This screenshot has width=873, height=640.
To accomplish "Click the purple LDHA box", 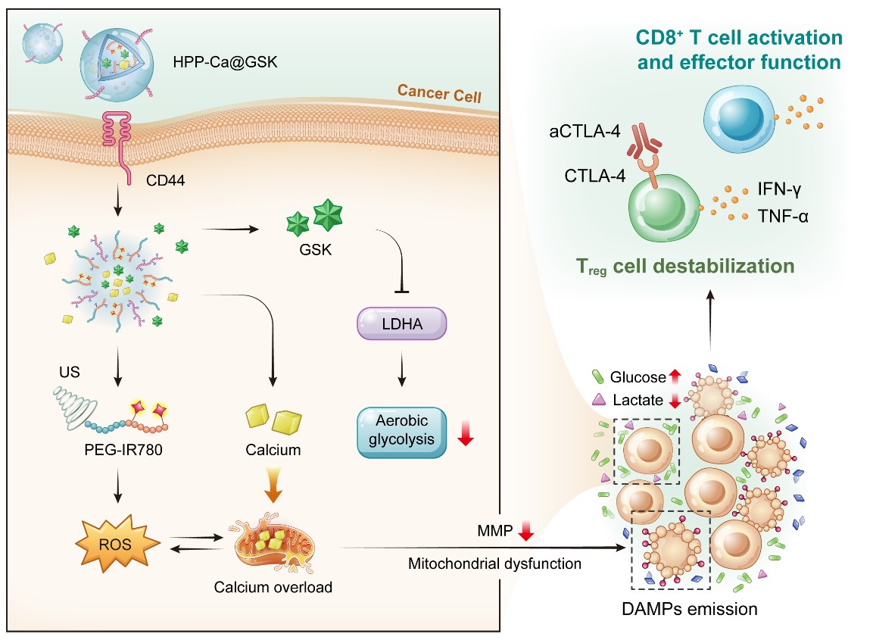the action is (401, 323).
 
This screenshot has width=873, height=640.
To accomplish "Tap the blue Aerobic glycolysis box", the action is (401, 432).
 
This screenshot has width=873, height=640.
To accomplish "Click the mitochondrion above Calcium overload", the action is (273, 542).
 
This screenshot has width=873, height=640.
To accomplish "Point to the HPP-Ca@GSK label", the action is (225, 62).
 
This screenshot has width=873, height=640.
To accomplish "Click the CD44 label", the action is (165, 180).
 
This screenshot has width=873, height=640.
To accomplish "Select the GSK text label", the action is (315, 249).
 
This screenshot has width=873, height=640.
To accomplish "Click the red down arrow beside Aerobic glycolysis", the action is (466, 432).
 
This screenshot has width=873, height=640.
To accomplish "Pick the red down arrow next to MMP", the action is (525, 530).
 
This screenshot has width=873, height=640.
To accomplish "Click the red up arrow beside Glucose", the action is (675, 376).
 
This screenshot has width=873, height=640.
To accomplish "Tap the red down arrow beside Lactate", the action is (675, 400).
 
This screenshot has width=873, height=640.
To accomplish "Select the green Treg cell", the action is (665, 208).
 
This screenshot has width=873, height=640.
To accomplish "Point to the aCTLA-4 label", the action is (585, 132).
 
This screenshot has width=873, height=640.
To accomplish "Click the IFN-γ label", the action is (779, 189).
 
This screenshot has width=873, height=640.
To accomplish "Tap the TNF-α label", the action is (782, 216).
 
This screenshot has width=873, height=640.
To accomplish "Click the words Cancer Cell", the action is (439, 94).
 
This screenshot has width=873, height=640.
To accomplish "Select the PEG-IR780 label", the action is (123, 449).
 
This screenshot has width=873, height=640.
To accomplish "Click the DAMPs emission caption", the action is (689, 609).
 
